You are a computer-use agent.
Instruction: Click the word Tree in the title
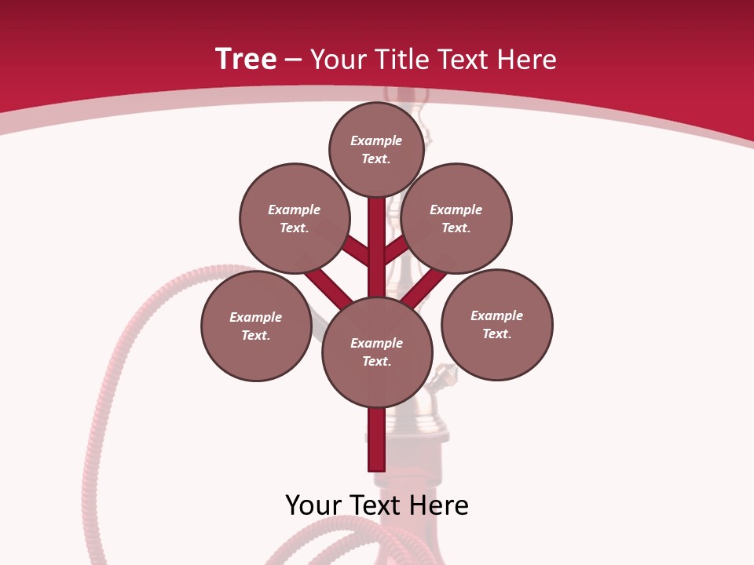[x=246, y=59]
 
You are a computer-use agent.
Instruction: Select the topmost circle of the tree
[x=376, y=149]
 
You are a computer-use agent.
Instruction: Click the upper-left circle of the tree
[x=295, y=218]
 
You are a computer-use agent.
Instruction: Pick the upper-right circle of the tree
[x=456, y=218]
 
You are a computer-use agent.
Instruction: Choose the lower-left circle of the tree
[x=256, y=326]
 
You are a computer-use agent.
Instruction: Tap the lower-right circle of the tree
[x=496, y=324]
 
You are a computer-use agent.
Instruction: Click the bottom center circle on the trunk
[x=377, y=352]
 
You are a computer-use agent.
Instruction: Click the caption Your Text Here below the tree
[x=377, y=505]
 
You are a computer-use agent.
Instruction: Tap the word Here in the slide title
[x=529, y=59]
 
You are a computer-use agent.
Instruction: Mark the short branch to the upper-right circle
[x=396, y=249]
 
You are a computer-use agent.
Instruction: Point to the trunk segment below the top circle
[x=376, y=228]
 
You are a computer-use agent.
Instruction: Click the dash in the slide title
[x=293, y=60]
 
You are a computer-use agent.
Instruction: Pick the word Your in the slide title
[x=340, y=59]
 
